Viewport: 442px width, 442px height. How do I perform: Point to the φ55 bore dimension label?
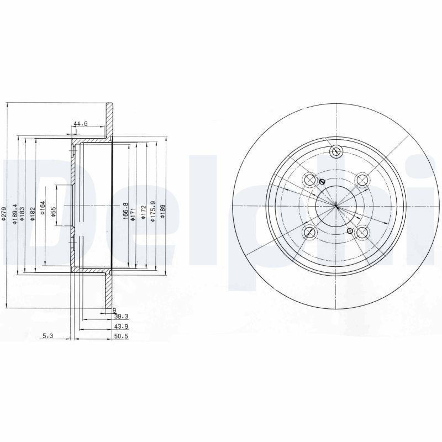pyautogui.click(x=53, y=213)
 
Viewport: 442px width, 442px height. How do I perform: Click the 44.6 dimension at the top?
pyautogui.click(x=81, y=124)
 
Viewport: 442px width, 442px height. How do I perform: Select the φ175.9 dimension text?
pyautogui.click(x=153, y=212)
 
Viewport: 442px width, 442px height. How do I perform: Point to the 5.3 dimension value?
pyautogui.click(x=48, y=335)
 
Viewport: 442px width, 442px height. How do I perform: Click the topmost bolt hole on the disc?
pyautogui.click(x=336, y=152)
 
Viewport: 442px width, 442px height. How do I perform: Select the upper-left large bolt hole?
pyautogui.click(x=310, y=180)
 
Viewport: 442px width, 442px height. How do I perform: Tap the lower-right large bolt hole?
pyautogui.click(x=362, y=233)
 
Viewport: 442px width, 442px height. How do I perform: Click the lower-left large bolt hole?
pyautogui.click(x=310, y=233)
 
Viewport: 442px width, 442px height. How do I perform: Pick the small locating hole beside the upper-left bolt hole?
pyautogui.click(x=323, y=182)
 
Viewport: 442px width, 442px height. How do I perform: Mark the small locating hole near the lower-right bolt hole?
pyautogui.click(x=349, y=230)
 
